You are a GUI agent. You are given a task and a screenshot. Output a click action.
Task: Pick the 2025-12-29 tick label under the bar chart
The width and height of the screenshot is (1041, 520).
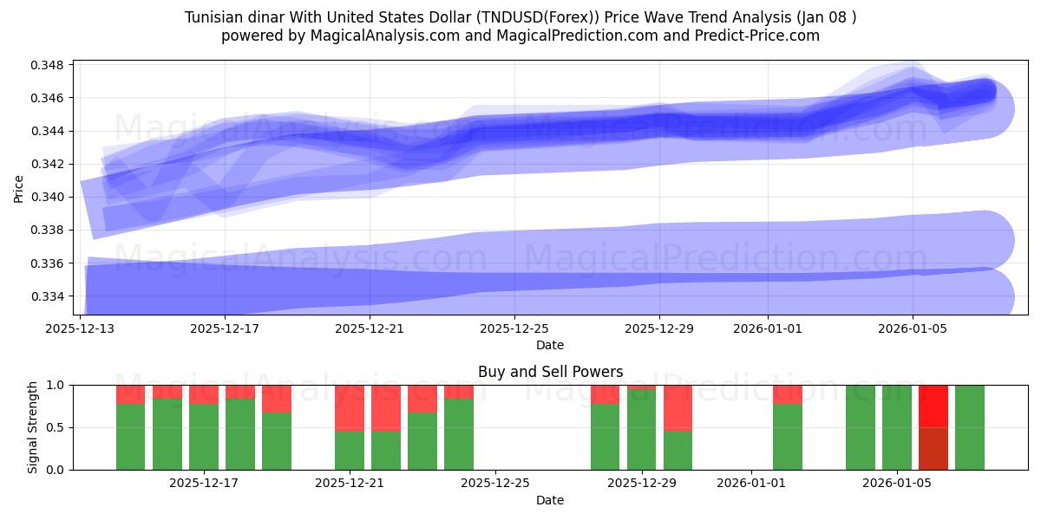click(x=641, y=483)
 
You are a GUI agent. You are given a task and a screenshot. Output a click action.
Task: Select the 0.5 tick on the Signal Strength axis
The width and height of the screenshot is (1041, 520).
click(x=56, y=427)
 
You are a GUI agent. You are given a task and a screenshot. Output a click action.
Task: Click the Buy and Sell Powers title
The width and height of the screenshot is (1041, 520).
click(x=550, y=372)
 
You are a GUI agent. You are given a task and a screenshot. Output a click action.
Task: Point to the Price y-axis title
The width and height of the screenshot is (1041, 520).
click(x=19, y=188)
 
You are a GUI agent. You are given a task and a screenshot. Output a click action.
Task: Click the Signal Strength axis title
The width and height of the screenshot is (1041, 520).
click(x=32, y=427)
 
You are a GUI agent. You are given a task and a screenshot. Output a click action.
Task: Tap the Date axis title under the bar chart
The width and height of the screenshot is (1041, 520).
click(x=550, y=500)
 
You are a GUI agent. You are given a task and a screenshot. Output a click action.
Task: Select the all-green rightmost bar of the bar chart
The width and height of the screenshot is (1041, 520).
click(x=970, y=427)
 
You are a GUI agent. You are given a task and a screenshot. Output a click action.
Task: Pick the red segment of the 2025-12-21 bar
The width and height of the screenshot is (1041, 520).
click(x=350, y=408)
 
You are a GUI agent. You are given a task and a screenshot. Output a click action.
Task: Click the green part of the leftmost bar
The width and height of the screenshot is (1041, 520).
click(x=130, y=437)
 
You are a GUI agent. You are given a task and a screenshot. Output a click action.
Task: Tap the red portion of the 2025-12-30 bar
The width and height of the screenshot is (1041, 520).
click(x=678, y=408)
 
